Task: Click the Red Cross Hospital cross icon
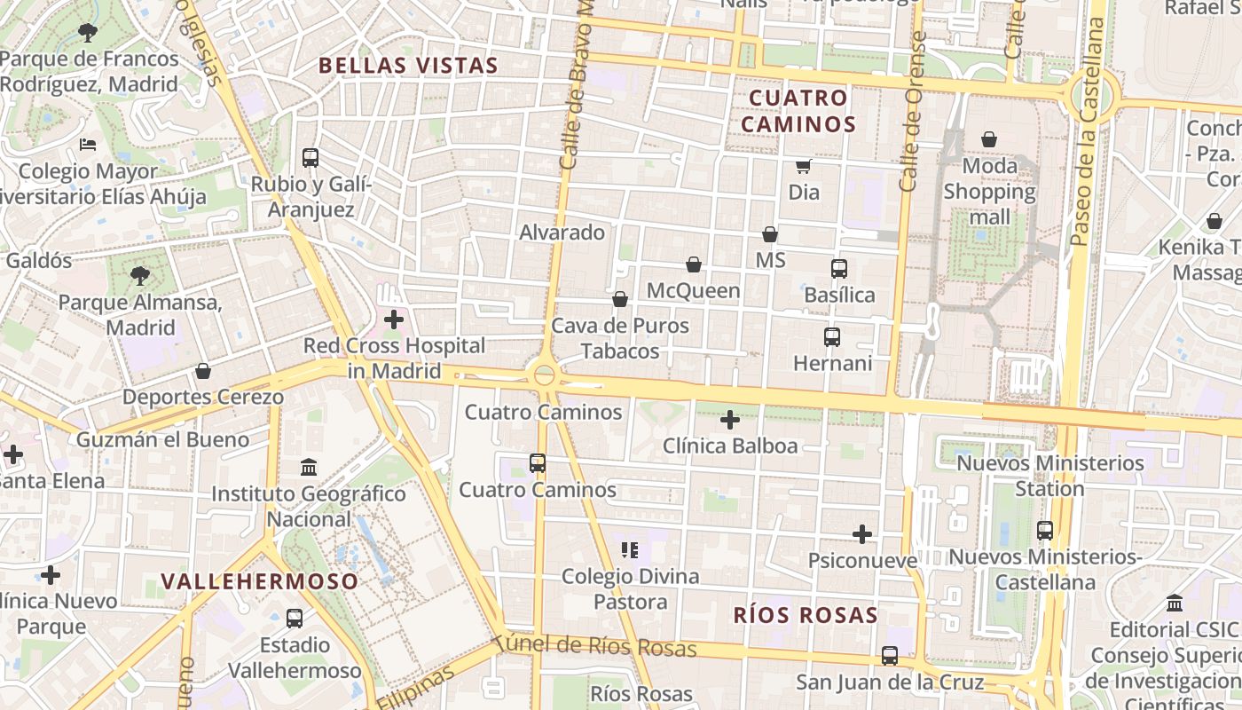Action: pos(394,319)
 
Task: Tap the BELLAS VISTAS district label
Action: pos(408,66)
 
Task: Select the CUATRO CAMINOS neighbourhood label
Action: pos(798,111)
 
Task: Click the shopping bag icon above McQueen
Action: pos(694,264)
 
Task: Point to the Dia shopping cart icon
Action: pos(803,166)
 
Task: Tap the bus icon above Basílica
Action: pos(839,268)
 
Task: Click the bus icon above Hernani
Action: pos(832,337)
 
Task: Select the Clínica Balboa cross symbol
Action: pos(730,420)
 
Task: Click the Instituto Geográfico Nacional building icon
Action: pos(309,467)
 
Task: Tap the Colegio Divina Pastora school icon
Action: pos(630,550)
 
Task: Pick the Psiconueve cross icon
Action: pos(861,534)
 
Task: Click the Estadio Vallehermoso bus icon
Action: pos(295,619)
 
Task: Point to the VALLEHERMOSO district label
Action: pos(260,582)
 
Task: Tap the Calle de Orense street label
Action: pos(912,111)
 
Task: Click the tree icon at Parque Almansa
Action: pos(140,276)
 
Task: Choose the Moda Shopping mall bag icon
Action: pos(989,139)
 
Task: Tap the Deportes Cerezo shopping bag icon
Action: pos(203,371)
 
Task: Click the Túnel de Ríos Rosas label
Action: pos(596,645)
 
